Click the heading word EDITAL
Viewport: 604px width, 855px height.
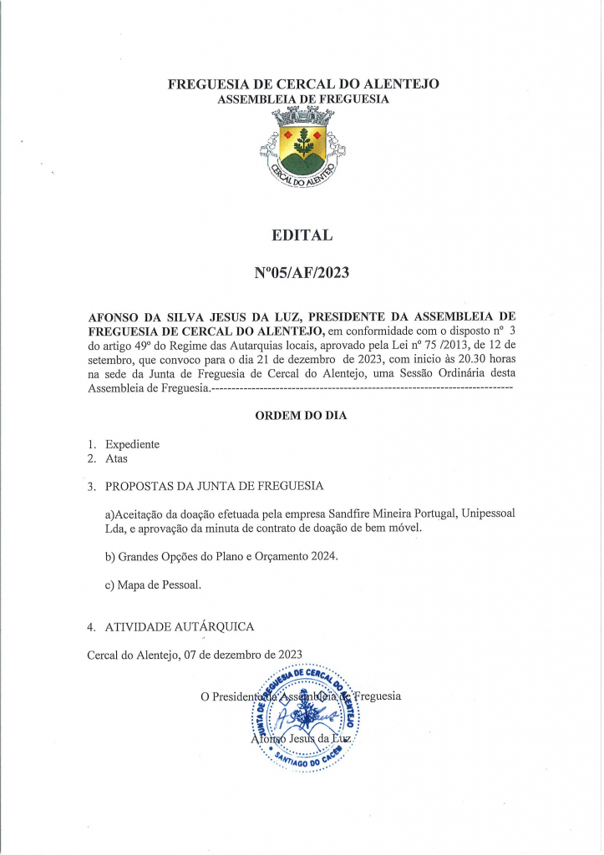point(302,235)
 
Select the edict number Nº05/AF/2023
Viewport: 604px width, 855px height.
point(302,272)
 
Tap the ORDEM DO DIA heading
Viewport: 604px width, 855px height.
point(301,415)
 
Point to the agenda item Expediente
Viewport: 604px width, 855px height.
point(132,444)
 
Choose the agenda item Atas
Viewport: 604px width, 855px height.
point(116,458)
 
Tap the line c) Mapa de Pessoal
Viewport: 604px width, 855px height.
point(153,585)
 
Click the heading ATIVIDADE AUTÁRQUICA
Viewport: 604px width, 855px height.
point(180,626)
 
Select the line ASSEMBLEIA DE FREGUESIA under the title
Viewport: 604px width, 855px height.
point(302,99)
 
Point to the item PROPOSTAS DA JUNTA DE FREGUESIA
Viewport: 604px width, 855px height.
point(214,485)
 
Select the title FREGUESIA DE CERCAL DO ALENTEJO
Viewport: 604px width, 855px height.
point(302,84)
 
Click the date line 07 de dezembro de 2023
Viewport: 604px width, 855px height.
point(242,655)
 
